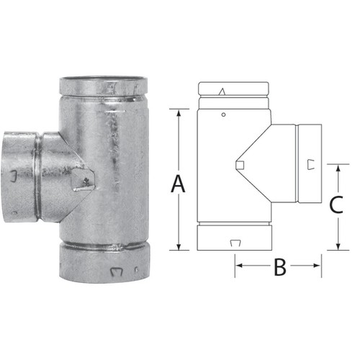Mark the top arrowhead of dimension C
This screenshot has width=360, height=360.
(338, 167)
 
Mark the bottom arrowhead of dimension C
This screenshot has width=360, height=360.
(338, 246)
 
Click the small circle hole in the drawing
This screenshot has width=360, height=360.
(225, 115)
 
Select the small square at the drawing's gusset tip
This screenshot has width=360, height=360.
(240, 168)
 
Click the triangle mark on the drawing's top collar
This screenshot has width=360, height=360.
(223, 91)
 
